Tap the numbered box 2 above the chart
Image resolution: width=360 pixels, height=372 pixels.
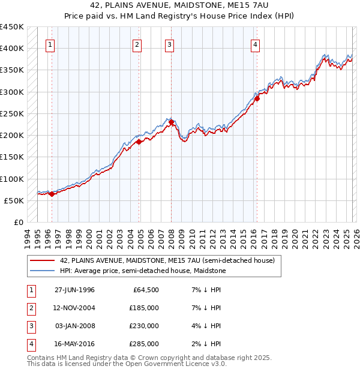tap(137, 44)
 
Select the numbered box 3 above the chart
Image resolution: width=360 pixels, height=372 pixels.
tap(169, 44)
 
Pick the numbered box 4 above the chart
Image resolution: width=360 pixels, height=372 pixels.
tap(255, 44)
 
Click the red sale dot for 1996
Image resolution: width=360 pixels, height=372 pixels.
tap(52, 194)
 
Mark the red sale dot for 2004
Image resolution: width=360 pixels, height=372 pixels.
tap(139, 142)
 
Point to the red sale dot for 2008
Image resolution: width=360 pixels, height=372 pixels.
tap(171, 122)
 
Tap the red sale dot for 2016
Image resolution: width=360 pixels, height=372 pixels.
tap(257, 98)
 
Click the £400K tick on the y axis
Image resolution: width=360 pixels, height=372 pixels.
tap(12, 49)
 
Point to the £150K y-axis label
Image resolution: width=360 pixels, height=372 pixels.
tap(12, 157)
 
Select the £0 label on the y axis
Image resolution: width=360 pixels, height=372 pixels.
tap(18, 223)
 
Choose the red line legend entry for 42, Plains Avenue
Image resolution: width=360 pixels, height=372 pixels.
tap(167, 260)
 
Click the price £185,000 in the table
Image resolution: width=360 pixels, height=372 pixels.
tap(144, 308)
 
